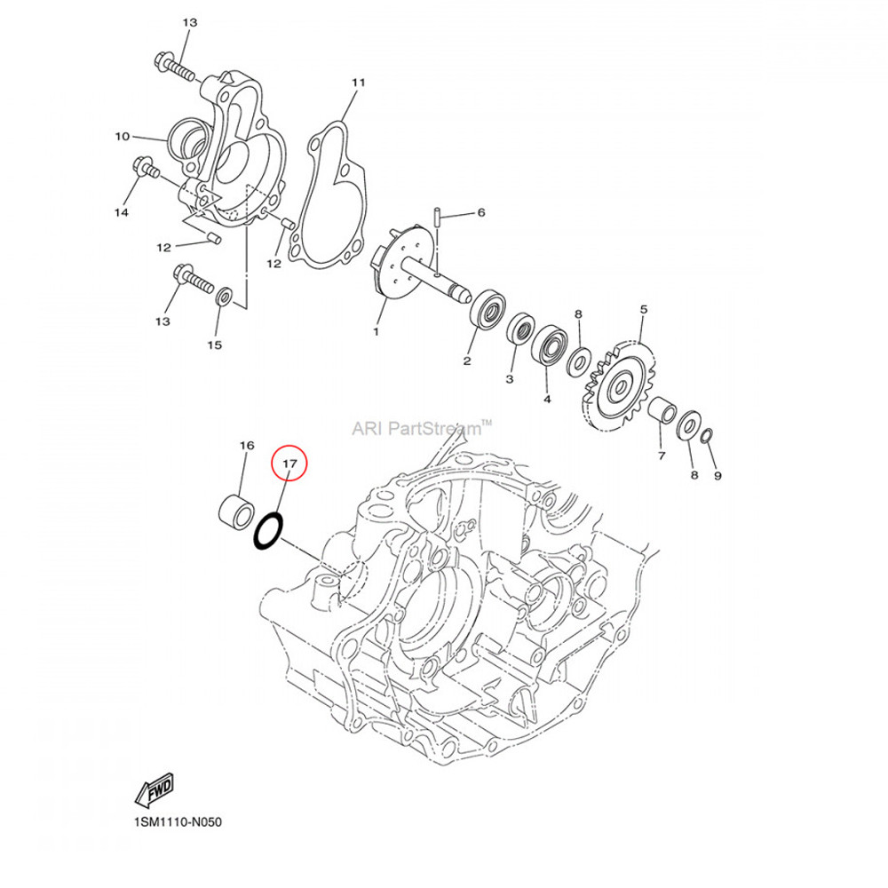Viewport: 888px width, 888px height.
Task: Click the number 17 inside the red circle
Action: pyautogui.click(x=289, y=464)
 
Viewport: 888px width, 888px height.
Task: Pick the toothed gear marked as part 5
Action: pyautogui.click(x=618, y=387)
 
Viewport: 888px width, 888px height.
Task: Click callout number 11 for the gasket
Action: pyautogui.click(x=358, y=83)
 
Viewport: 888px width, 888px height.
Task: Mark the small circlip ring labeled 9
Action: pyautogui.click(x=706, y=437)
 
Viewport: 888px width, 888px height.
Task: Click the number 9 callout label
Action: pyautogui.click(x=717, y=475)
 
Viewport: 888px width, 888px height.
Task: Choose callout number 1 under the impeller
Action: pyautogui.click(x=376, y=331)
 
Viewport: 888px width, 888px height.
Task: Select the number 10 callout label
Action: pyautogui.click(x=122, y=137)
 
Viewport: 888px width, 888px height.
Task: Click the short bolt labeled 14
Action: pyautogui.click(x=144, y=166)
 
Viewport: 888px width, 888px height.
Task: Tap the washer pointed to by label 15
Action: pyautogui.click(x=225, y=296)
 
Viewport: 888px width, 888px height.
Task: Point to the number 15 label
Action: pyautogui.click(x=214, y=344)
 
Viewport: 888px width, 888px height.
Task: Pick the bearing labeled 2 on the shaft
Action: pyautogui.click(x=488, y=308)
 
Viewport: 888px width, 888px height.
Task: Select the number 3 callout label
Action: pyautogui.click(x=510, y=379)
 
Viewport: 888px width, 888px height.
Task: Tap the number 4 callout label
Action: pyautogui.click(x=547, y=400)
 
